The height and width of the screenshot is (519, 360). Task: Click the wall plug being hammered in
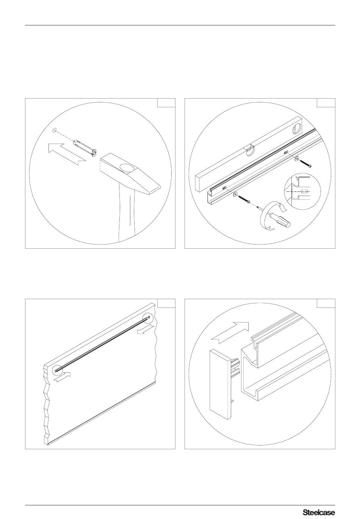coord(85,148)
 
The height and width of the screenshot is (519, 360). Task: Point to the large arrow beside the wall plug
coord(66,154)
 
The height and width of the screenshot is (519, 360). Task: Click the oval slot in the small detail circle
coord(305,191)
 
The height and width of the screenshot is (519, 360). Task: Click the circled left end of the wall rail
coord(57,370)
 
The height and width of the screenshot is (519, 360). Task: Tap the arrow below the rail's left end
coord(62,377)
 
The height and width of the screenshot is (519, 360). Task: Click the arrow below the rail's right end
coord(145,329)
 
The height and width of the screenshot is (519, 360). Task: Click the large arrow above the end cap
coord(230,333)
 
